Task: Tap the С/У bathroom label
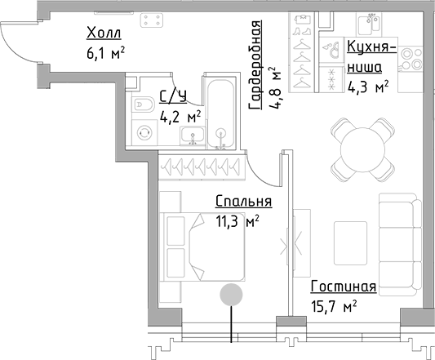(x=172, y=97)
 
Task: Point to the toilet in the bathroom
(x=141, y=104)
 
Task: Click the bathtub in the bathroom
(x=220, y=115)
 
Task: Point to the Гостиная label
(x=343, y=287)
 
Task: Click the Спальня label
(x=243, y=202)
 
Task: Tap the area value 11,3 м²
(x=237, y=220)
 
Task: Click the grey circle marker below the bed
(x=233, y=294)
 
